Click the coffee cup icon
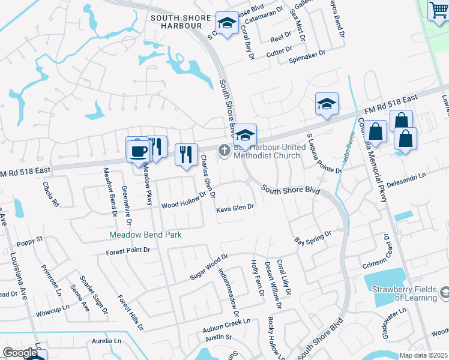pos(138,150)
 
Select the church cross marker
pos(224,151)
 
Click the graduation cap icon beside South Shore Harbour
pos(226,24)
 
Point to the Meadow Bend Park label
pos(145,235)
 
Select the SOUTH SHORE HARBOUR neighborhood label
pos(176,22)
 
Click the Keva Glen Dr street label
pos(236,208)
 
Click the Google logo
pos(20,353)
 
